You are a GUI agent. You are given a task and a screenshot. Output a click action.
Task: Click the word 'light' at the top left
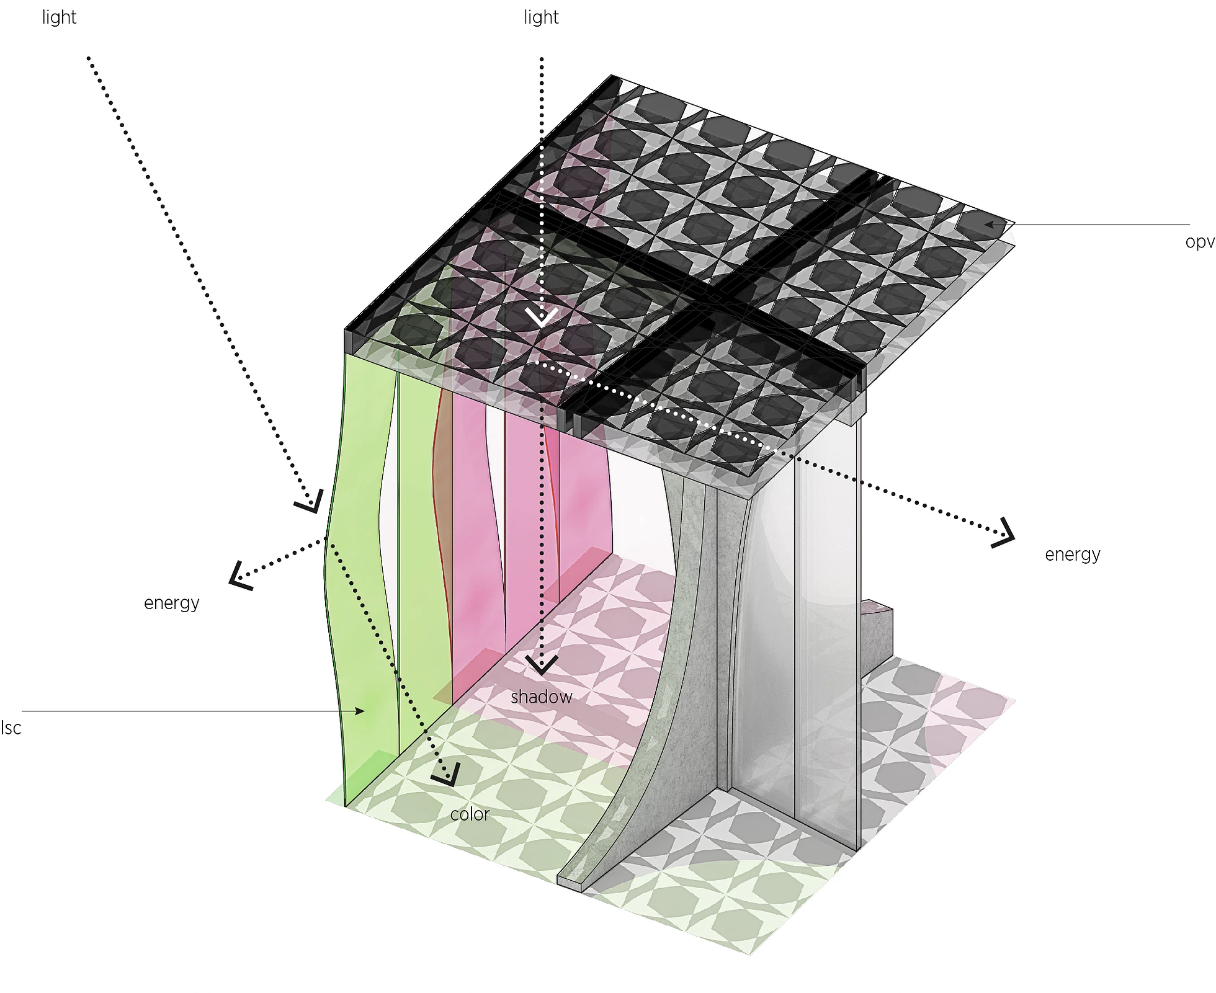point(59,18)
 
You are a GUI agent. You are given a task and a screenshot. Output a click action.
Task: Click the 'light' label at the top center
point(541,18)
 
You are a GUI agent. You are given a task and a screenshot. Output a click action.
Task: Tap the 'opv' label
point(1199,242)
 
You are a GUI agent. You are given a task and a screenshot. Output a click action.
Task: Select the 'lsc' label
point(11,728)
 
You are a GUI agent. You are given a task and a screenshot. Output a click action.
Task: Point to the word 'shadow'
point(541,697)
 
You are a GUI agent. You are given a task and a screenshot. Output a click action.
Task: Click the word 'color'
point(470,814)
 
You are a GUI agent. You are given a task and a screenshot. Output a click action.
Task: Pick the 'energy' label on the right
point(1073,554)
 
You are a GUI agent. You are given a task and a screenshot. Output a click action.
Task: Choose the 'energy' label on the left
point(172,603)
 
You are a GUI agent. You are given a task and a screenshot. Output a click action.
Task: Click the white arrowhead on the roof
point(542,318)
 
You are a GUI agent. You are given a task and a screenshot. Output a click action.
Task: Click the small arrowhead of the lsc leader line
point(359,711)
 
